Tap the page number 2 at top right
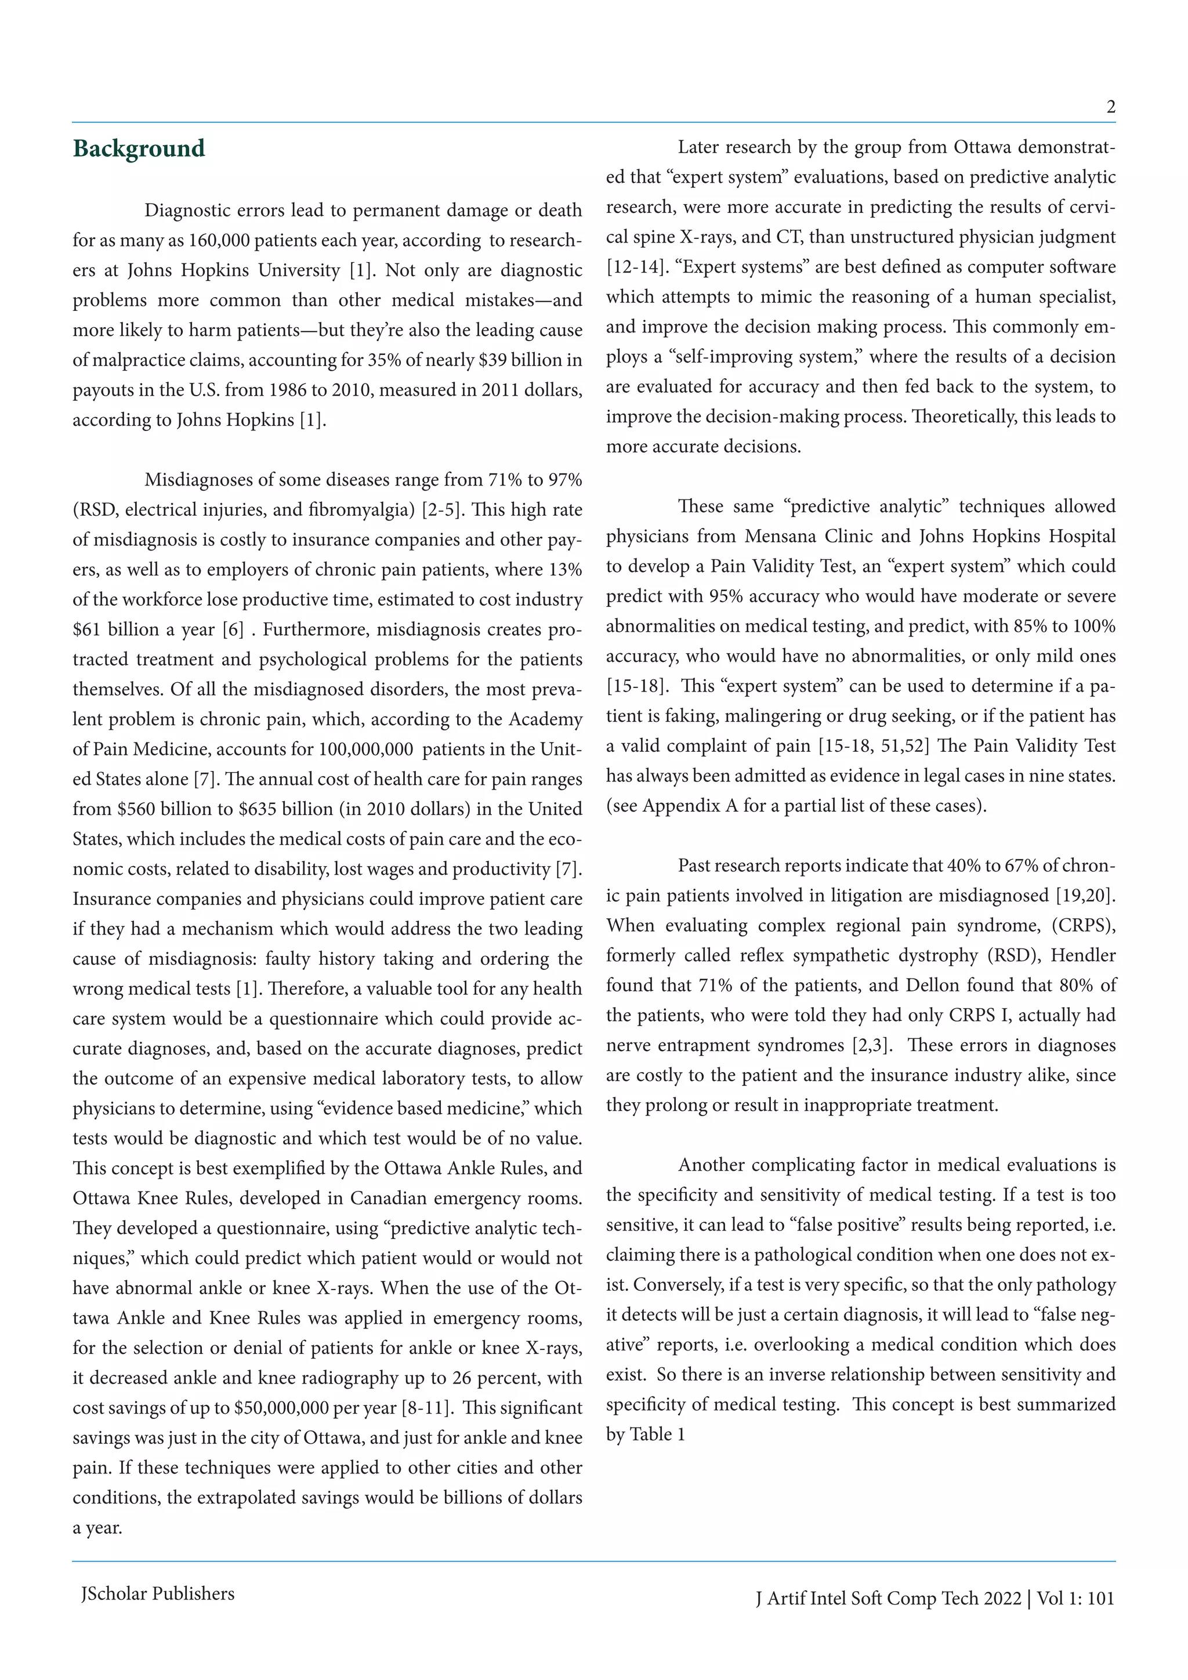[1110, 107]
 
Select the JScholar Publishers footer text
[157, 1594]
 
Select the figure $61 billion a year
[144, 630]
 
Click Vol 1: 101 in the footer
[1075, 1598]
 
